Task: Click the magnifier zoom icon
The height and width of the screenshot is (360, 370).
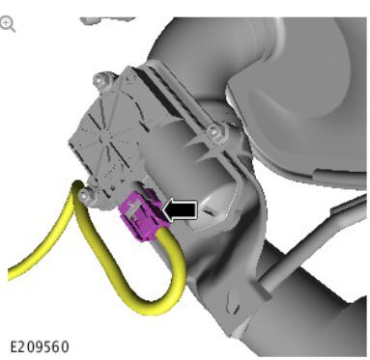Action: tap(7, 25)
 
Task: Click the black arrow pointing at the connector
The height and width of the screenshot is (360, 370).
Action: tap(181, 210)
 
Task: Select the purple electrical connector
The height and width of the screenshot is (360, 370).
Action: tap(141, 214)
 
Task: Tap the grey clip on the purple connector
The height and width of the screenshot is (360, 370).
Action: tap(132, 210)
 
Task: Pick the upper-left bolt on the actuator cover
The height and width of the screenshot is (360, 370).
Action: tap(101, 81)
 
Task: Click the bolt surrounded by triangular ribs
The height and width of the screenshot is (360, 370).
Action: tap(213, 132)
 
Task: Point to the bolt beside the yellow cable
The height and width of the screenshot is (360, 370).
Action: tap(85, 195)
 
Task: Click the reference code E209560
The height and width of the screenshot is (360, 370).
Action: tap(40, 347)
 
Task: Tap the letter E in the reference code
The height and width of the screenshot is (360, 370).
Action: tap(14, 347)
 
